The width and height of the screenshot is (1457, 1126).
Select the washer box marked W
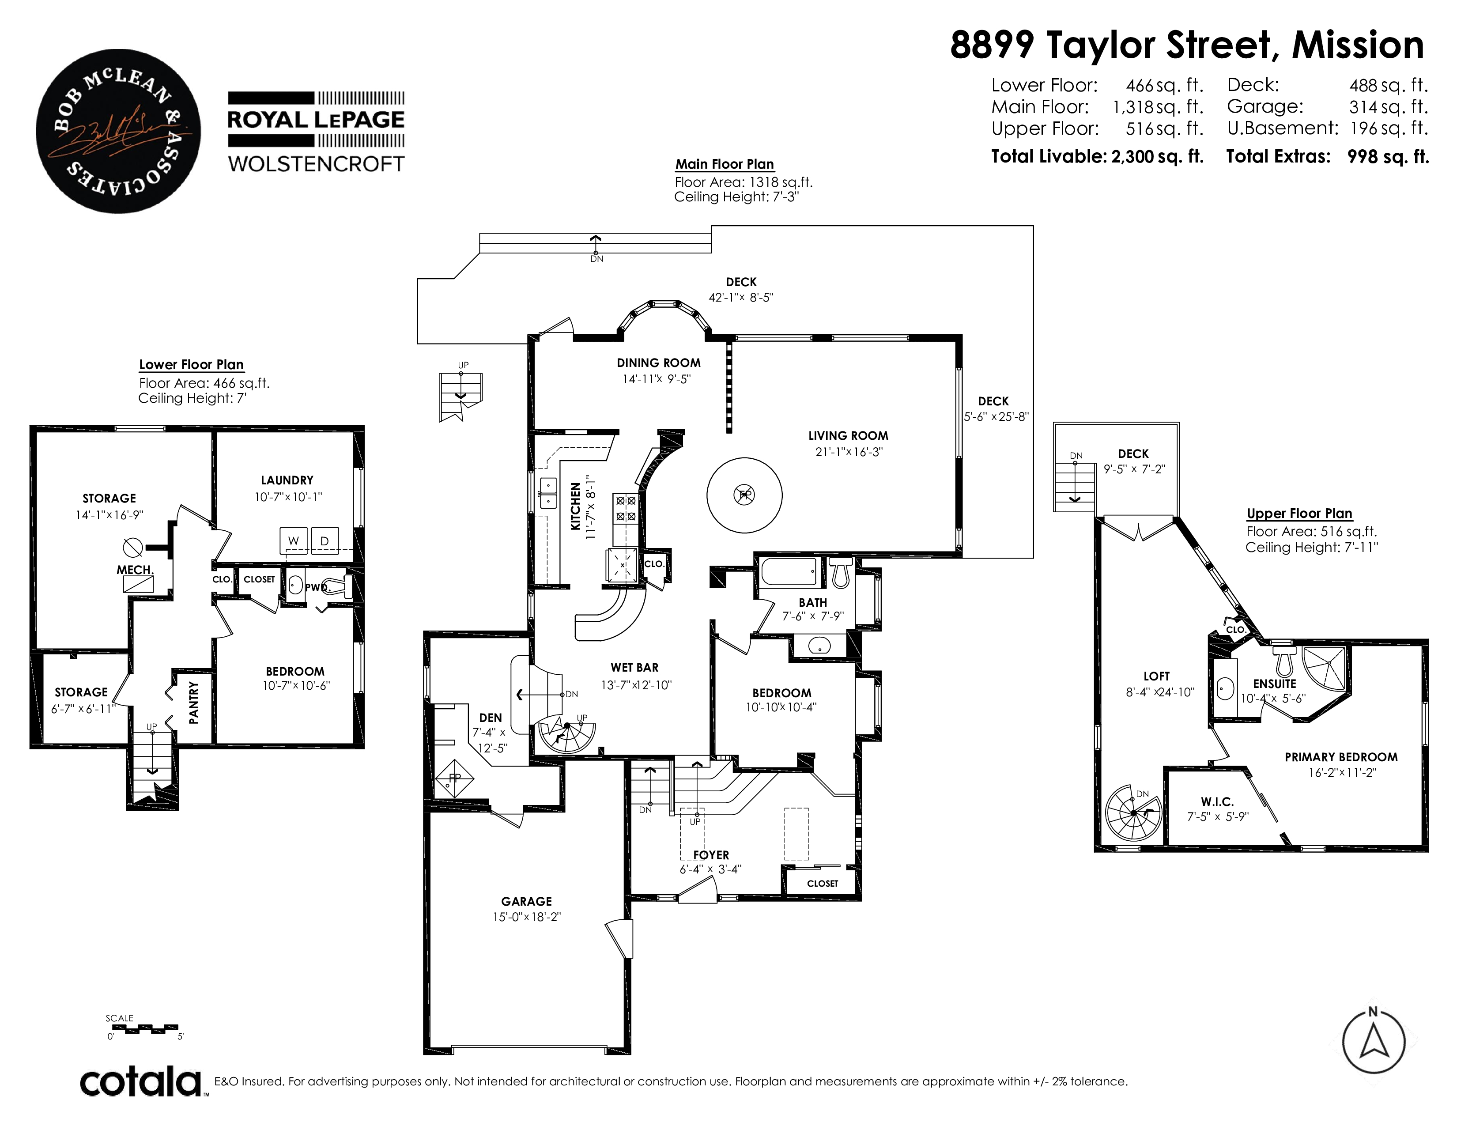tap(294, 541)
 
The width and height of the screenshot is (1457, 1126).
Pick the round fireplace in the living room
tap(744, 495)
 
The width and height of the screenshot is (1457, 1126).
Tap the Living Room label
tap(848, 435)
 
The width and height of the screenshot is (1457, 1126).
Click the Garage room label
tap(526, 901)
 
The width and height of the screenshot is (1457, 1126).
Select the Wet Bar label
tap(634, 667)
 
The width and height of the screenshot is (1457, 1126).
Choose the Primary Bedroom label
tap(1341, 757)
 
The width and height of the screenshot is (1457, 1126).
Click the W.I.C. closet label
tap(1218, 802)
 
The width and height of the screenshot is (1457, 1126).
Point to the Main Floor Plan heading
tap(725, 164)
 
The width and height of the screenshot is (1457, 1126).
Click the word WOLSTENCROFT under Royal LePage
tap(316, 164)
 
